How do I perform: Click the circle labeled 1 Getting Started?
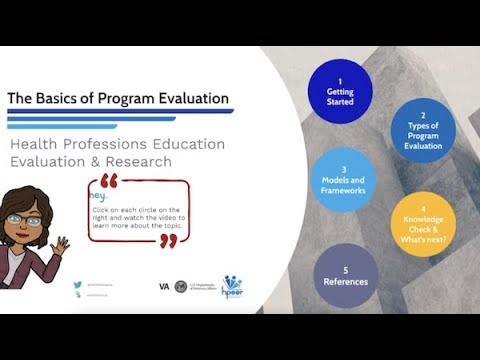pyautogui.click(x=340, y=90)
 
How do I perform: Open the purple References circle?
pyautogui.click(x=345, y=276)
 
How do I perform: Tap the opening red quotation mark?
pyautogui.click(x=109, y=183)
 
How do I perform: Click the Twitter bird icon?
pyautogui.click(x=77, y=285)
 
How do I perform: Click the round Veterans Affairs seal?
pyautogui.click(x=180, y=286)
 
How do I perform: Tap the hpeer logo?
pyautogui.click(x=232, y=285)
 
